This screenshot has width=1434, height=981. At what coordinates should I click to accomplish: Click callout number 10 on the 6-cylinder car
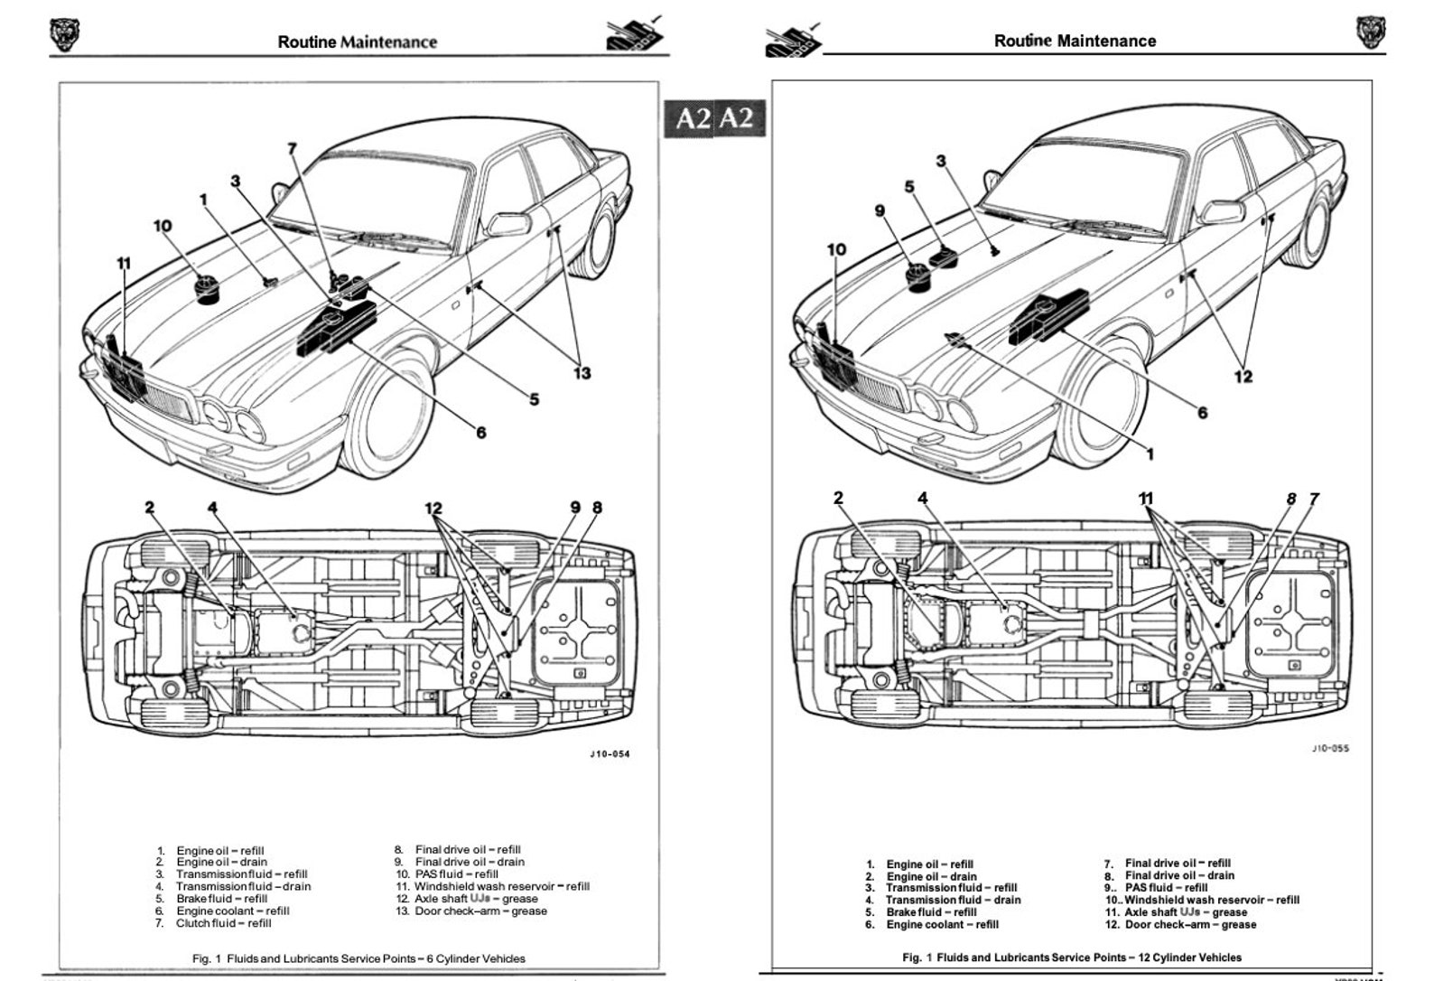[163, 225]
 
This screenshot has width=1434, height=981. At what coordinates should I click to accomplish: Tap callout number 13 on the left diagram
[582, 372]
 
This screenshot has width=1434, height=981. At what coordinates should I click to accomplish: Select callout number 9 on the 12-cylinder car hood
[880, 210]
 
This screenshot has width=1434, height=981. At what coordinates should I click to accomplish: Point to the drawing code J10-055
[1330, 749]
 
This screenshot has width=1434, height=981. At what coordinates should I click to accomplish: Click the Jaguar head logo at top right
[1370, 33]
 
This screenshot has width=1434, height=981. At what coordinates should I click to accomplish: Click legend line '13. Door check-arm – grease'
[471, 911]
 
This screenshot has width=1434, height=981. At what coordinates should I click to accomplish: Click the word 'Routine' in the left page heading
[307, 42]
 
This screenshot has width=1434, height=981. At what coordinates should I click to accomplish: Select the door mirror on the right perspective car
[1221, 213]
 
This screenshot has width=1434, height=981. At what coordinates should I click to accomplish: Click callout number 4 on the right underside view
[923, 498]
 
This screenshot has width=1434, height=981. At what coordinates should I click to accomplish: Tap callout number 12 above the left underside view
[433, 509]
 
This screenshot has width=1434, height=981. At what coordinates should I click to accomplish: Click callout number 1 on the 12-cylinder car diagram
[1150, 454]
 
